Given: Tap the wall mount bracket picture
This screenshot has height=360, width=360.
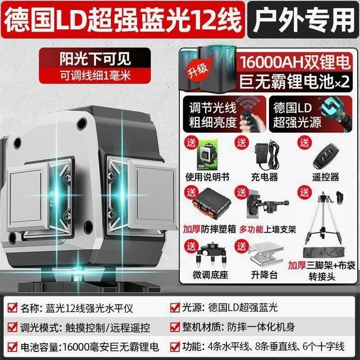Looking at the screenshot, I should pyautogui.click(x=264, y=203).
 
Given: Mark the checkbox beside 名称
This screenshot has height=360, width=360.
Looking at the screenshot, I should pyautogui.click(x=12, y=308).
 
